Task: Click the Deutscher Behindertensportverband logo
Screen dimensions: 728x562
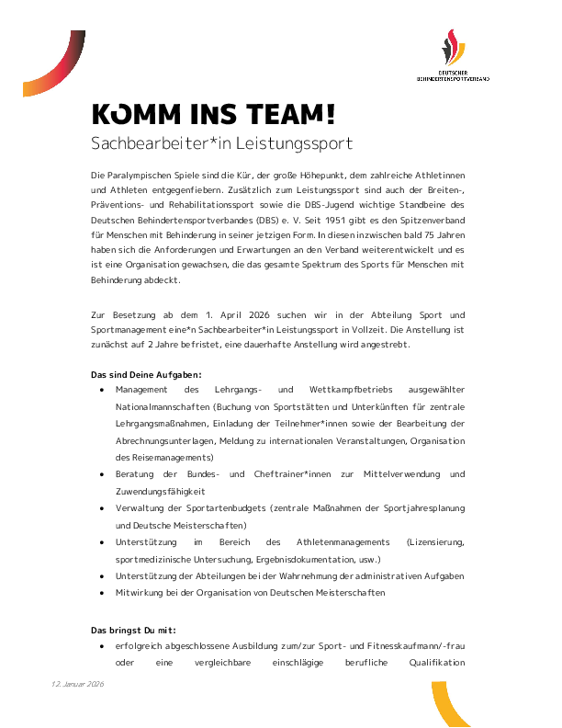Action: coord(453,57)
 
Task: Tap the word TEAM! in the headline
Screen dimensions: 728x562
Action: coord(287,114)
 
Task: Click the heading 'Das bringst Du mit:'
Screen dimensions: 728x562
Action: coord(132,630)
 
